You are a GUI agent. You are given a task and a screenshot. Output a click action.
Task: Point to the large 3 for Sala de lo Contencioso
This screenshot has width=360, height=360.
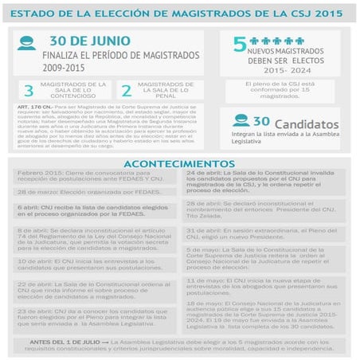[29, 90]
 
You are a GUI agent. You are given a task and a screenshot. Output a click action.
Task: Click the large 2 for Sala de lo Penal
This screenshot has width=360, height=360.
[126, 90]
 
